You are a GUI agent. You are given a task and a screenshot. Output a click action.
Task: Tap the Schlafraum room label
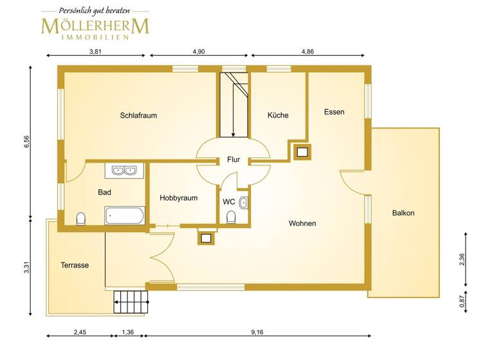(x=138, y=116)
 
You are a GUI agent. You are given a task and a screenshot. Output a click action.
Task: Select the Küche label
(x=278, y=115)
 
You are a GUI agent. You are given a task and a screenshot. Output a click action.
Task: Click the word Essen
(x=334, y=112)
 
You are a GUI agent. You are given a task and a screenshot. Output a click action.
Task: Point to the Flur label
(x=233, y=160)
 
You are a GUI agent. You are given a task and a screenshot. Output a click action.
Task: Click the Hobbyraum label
(x=178, y=199)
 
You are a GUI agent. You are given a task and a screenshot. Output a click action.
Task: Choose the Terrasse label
(x=75, y=265)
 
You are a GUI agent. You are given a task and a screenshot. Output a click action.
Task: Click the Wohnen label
(x=302, y=223)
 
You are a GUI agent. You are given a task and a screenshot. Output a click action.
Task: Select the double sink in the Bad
(x=123, y=171)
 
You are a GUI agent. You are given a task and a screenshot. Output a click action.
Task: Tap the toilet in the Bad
(x=81, y=219)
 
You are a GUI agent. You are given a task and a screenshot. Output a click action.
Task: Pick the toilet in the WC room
(x=231, y=218)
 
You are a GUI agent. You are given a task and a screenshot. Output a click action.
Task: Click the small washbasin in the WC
(x=242, y=203)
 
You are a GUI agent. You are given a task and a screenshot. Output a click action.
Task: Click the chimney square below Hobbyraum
(x=206, y=238)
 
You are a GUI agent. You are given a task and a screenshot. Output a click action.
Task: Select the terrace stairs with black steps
(x=131, y=300)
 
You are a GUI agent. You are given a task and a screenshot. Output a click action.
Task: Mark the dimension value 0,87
(x=462, y=301)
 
